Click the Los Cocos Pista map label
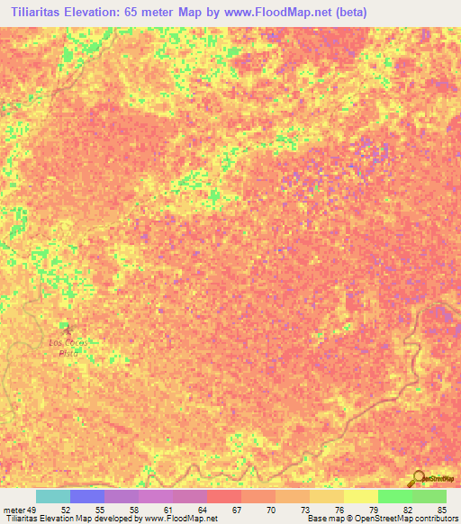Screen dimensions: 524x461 pos(64,348)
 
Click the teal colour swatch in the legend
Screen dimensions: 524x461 pos(53,496)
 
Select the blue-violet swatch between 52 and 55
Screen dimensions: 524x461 pos(87,496)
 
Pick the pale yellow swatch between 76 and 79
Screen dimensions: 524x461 pos(361,496)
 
